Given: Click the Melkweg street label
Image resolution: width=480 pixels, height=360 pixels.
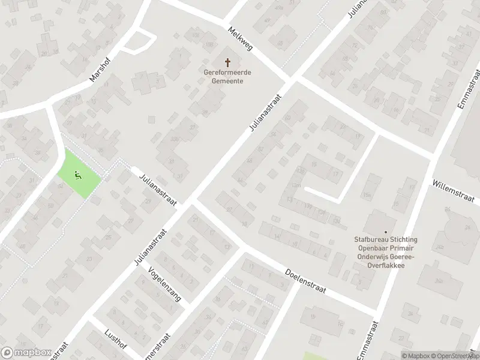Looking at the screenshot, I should coord(239,38).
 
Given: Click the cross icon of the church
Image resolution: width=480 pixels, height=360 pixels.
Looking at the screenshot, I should coord(227,62).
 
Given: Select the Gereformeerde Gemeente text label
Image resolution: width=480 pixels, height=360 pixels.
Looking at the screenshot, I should coord(227,77).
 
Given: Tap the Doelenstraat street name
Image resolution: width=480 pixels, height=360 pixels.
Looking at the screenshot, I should coord(305,280).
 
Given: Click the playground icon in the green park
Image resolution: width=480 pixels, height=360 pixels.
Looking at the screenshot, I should coord(77,175).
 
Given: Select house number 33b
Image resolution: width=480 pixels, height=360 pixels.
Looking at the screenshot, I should coord(174,139).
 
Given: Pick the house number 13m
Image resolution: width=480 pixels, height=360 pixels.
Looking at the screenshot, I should coord(295,185).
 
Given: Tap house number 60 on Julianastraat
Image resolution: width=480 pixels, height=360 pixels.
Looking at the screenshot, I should coord(287,118).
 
